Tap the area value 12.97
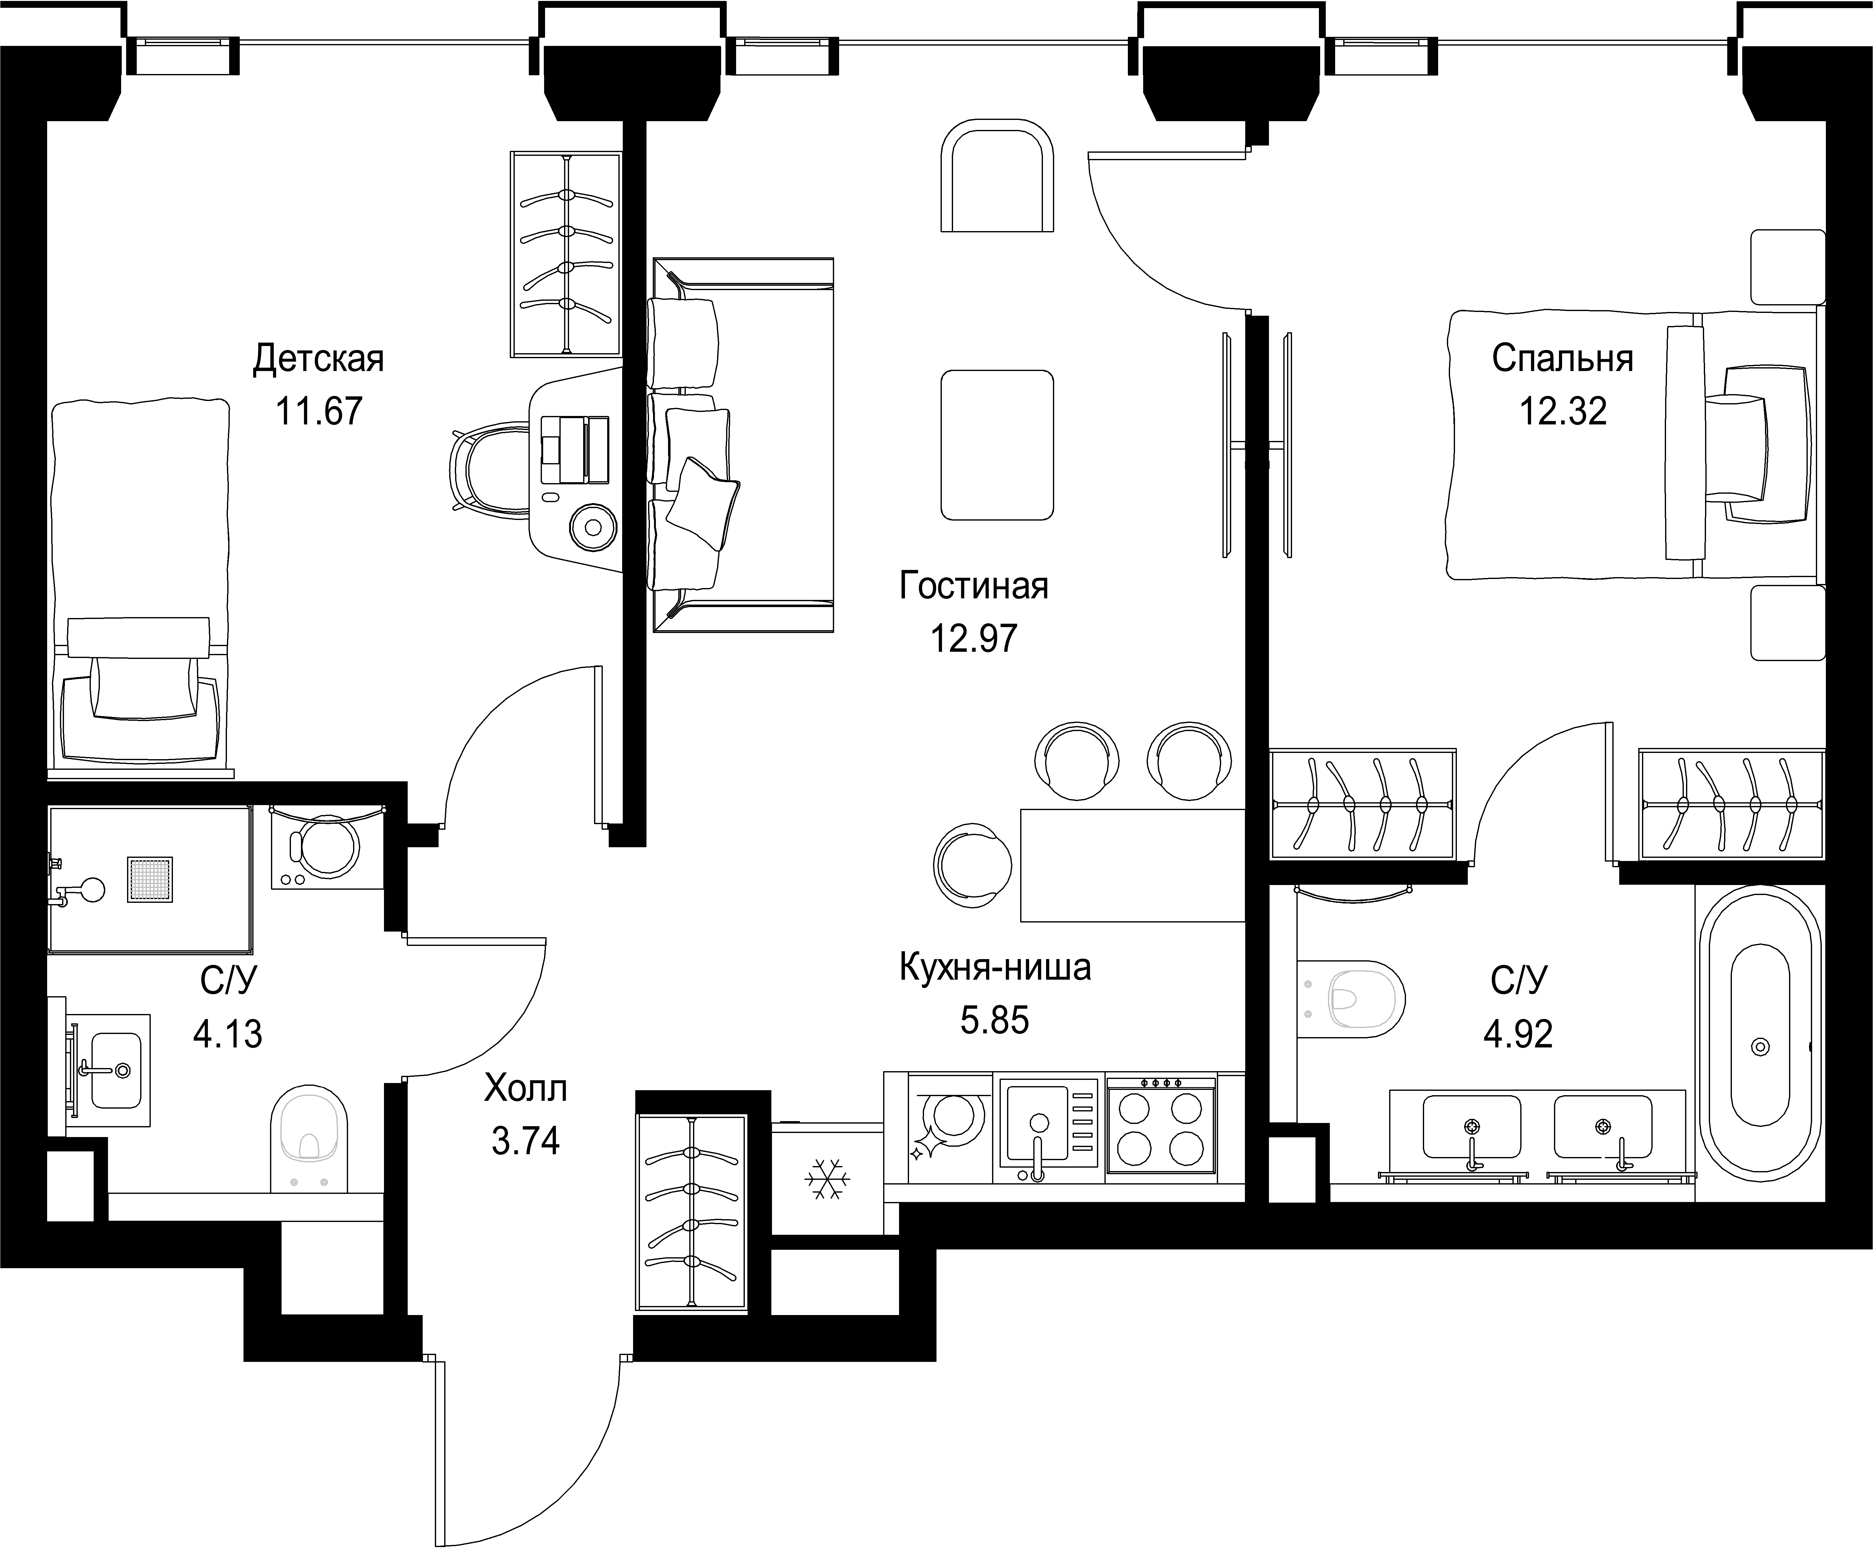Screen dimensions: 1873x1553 click(x=974, y=639)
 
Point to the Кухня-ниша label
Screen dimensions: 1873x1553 click(x=995, y=967)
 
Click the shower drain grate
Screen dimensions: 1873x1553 click(x=150, y=879)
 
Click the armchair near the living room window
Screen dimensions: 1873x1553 click(x=997, y=176)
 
